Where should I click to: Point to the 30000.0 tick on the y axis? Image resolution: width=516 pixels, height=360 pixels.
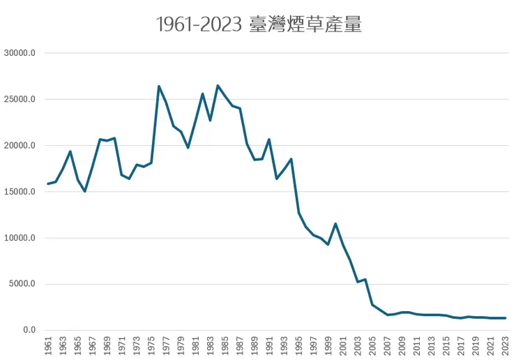click(x=24, y=53)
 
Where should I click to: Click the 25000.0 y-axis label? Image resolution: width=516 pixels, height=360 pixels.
click(x=24, y=99)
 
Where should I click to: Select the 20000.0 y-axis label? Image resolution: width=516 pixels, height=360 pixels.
click(x=24, y=145)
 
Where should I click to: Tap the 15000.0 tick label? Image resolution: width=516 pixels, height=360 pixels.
click(x=24, y=191)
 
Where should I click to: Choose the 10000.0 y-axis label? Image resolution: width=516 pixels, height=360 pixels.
click(x=24, y=238)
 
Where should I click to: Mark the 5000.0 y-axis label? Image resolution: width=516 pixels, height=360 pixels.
click(x=26, y=284)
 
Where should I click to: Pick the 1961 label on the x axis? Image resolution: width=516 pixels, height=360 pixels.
click(x=48, y=345)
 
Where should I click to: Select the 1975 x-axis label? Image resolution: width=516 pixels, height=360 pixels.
click(x=151, y=345)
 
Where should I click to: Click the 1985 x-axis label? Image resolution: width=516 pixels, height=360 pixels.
click(x=225, y=345)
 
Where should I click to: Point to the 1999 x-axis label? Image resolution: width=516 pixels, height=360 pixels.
click(x=328, y=345)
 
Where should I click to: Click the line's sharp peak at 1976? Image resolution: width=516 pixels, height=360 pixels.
click(x=159, y=87)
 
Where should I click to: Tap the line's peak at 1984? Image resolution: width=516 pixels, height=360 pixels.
click(x=218, y=86)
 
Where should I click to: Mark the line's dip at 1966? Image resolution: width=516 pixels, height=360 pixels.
click(x=85, y=191)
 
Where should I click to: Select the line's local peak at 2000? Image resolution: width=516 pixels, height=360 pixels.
click(x=335, y=224)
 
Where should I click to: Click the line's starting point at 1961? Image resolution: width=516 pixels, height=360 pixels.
click(x=48, y=184)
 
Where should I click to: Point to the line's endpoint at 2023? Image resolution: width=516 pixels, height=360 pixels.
click(x=504, y=318)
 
